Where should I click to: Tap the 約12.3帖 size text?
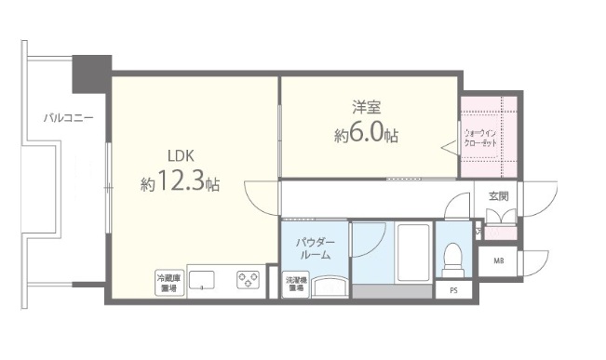(181, 183)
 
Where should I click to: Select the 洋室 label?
(366, 108)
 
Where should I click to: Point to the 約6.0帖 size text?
(366, 136)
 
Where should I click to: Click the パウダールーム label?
(315, 248)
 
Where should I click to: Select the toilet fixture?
(454, 258)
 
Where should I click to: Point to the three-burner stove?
(248, 279)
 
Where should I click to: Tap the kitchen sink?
(204, 280)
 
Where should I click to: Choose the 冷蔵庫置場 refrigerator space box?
(168, 282)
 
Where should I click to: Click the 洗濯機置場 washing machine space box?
(295, 284)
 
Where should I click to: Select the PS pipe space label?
(453, 290)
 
